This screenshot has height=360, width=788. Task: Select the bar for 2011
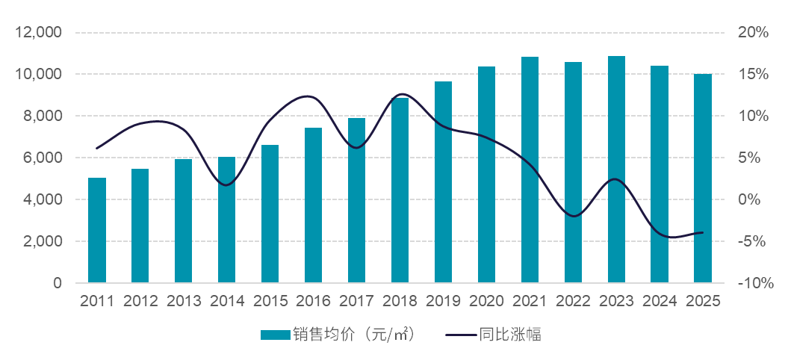(97, 231)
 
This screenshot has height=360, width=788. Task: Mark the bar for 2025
(703, 179)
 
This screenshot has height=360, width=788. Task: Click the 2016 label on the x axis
(314, 301)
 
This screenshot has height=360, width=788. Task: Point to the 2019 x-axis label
(444, 301)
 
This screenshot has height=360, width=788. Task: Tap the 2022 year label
(573, 301)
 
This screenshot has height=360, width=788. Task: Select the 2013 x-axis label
(184, 301)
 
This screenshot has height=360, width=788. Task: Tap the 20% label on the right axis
(752, 33)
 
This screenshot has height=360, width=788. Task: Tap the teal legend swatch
(275, 335)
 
